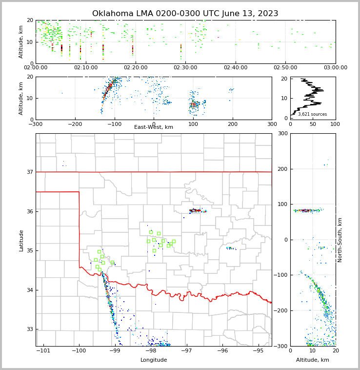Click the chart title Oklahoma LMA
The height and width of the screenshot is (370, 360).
click(185, 14)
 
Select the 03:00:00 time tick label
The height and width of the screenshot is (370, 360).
click(335, 68)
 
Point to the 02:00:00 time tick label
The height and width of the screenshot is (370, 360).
click(36, 68)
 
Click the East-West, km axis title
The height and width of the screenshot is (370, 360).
click(154, 127)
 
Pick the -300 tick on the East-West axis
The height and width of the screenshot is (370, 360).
click(36, 124)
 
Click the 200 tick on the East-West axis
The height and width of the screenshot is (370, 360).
click(232, 124)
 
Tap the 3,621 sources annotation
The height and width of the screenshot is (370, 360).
click(312, 114)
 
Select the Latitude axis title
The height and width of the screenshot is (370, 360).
click(21, 240)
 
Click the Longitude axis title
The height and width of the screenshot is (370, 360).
click(154, 360)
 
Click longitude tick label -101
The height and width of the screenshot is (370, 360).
click(43, 350)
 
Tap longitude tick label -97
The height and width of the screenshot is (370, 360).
click(186, 350)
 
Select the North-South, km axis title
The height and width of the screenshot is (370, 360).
click(340, 240)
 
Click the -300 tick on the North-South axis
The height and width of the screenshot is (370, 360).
click(281, 346)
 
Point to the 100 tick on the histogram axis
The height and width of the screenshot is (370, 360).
click(335, 124)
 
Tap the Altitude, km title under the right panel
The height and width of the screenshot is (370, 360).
click(313, 360)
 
